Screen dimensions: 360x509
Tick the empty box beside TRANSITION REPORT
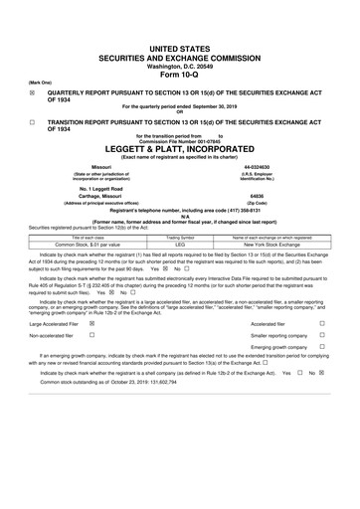click(x=32, y=120)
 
